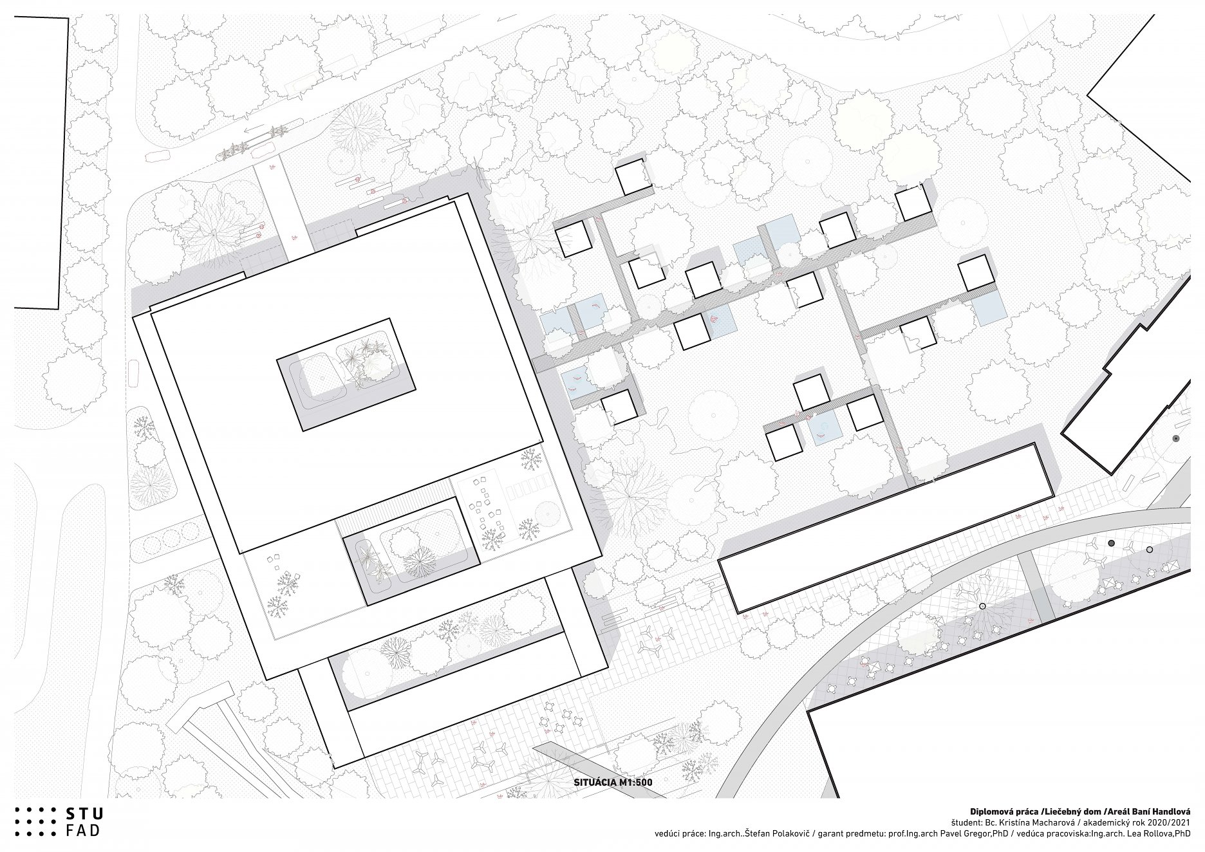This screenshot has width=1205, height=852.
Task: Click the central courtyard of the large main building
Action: (346, 375)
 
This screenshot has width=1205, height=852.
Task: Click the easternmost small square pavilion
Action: (976, 272)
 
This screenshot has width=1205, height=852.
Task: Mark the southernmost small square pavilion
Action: (785, 443)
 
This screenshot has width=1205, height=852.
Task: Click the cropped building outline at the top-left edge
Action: (67, 161)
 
